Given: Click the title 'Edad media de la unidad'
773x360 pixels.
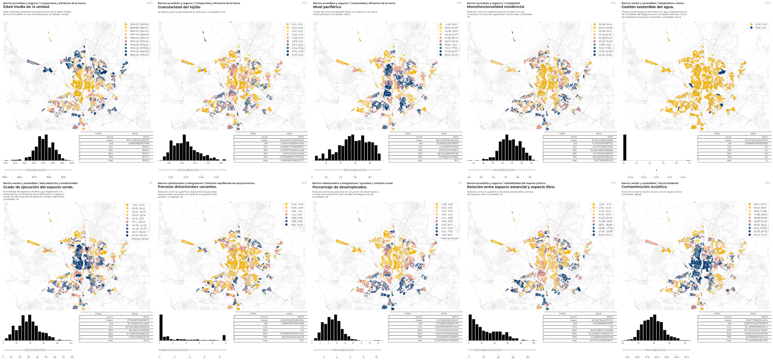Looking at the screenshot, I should click(x=26, y=7).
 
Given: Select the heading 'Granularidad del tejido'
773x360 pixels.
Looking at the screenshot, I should click(x=179, y=7).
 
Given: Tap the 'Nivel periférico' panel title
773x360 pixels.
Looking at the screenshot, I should click(x=327, y=7).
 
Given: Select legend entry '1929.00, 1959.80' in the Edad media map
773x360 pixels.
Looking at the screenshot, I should click(x=138, y=24).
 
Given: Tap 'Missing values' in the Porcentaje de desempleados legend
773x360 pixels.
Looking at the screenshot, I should click(x=449, y=238).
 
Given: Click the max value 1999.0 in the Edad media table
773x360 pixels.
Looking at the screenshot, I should click(x=146, y=160).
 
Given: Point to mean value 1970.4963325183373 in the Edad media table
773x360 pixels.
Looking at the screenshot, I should click(x=138, y=140).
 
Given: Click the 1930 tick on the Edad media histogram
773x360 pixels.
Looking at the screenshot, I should click(x=5, y=163).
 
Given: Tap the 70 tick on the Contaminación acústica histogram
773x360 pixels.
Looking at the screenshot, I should click(x=684, y=343).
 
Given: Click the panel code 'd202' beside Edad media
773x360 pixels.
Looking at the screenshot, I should click(x=150, y=3).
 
